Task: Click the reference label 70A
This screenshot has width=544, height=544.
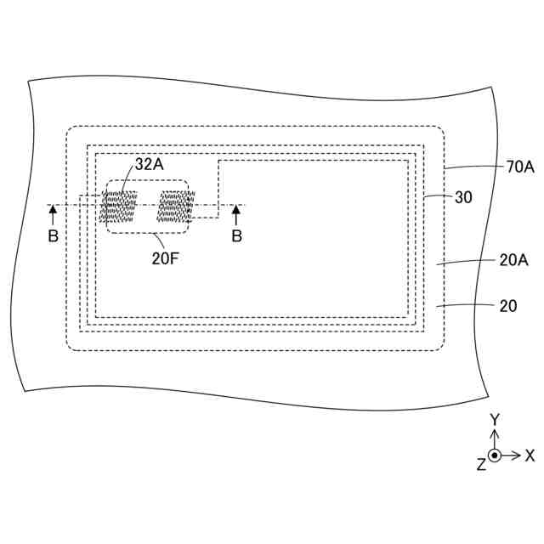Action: click(x=519, y=167)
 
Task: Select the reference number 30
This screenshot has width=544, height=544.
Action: click(x=463, y=196)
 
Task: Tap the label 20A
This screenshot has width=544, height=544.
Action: click(x=513, y=261)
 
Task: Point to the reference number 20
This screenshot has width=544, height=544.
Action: click(x=507, y=305)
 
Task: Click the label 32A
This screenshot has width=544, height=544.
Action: click(x=149, y=165)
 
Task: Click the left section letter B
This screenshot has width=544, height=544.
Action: click(x=53, y=235)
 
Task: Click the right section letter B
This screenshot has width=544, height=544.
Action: click(x=237, y=235)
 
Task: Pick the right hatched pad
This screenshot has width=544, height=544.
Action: click(x=176, y=207)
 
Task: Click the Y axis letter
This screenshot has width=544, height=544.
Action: click(x=494, y=420)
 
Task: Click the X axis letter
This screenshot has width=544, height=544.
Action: click(x=530, y=456)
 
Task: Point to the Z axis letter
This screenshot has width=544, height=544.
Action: click(x=480, y=464)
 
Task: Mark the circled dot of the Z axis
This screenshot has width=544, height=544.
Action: click(x=494, y=456)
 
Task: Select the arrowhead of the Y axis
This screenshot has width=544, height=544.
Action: click(x=494, y=433)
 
